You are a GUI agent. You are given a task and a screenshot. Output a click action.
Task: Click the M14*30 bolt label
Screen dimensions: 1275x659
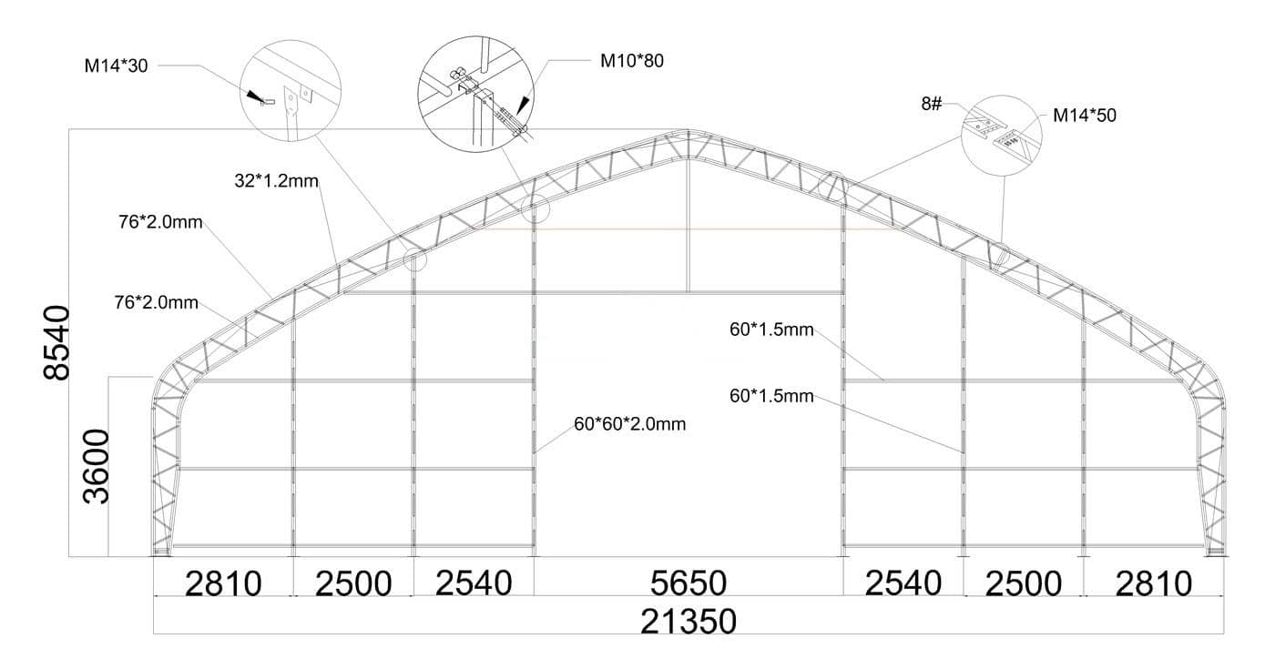click(117, 66)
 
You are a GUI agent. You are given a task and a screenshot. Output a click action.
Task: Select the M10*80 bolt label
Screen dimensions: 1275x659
click(632, 61)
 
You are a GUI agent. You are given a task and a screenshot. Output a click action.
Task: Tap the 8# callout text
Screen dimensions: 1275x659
click(932, 104)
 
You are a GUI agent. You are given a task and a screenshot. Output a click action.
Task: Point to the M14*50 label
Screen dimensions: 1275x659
click(1085, 116)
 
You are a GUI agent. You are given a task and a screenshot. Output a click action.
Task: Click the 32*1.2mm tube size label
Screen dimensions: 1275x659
click(277, 181)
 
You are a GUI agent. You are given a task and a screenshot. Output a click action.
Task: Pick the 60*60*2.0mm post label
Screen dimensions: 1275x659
click(629, 424)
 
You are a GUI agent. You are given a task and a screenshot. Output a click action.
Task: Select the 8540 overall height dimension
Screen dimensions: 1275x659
click(56, 342)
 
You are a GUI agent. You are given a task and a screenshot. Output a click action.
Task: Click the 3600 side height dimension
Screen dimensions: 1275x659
click(96, 467)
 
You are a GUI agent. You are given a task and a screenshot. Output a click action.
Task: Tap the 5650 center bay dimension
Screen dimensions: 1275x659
click(688, 583)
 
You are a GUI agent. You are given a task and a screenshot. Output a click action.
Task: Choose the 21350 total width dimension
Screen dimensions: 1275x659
click(688, 621)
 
